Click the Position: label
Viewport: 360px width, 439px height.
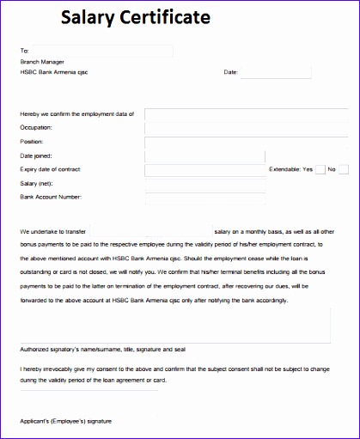[x=31, y=141]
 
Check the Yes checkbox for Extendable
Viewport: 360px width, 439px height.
[x=320, y=169]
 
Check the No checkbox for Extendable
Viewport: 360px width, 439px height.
[x=343, y=169]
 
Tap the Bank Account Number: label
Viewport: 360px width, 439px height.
[x=51, y=198]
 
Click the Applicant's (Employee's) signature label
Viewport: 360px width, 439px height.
[x=67, y=421]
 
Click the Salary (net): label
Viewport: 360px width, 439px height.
[x=38, y=184]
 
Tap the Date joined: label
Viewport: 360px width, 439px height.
[x=35, y=155]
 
